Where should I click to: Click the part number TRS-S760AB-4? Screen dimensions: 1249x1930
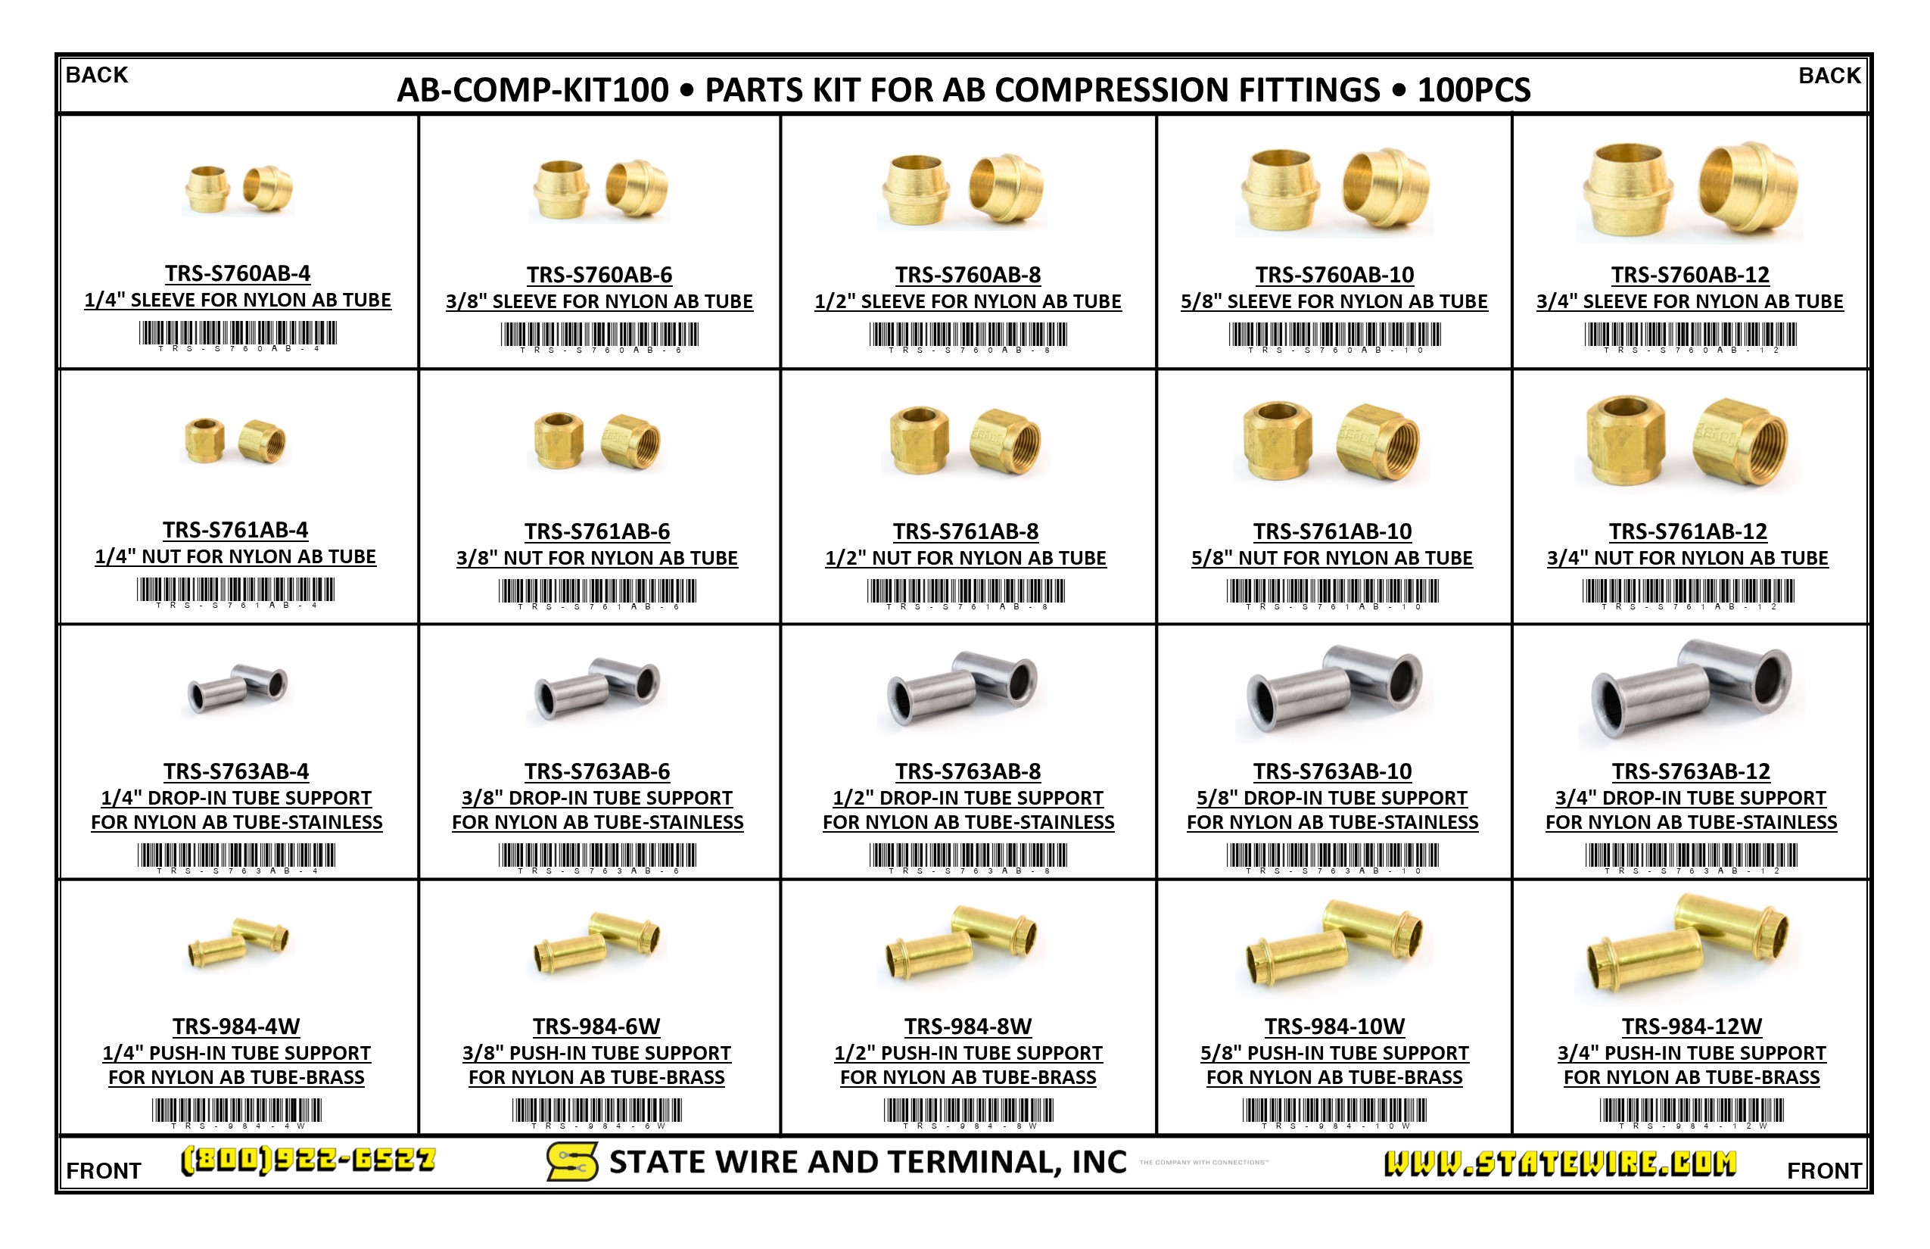238,273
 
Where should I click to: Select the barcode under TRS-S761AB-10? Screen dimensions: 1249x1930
1332,590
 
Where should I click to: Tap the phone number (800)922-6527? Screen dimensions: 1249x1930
307,1160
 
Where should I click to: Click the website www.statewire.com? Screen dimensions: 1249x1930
1559,1163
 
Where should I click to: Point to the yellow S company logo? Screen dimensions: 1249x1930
571,1161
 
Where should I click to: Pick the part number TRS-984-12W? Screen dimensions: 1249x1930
1692,1026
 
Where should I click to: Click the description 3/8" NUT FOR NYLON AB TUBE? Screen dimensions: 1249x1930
597,558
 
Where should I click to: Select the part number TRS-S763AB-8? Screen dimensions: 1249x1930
967,771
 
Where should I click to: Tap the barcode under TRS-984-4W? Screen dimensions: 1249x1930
237,1110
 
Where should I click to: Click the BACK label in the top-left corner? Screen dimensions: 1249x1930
97,76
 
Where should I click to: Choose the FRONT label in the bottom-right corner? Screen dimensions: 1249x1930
1824,1170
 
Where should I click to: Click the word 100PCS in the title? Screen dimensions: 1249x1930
1474,90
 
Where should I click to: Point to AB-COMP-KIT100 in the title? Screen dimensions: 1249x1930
533,90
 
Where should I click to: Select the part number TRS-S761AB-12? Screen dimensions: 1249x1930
1688,531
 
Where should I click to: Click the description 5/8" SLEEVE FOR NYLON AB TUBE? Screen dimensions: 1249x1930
1334,302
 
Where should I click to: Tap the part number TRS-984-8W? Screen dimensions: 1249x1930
967,1026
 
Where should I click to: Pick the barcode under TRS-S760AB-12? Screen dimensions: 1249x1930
1690,334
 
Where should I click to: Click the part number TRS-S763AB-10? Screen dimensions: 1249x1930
1332,771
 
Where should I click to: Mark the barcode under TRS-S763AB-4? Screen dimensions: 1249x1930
236,855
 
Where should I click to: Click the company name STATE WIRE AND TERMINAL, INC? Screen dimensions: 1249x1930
867,1162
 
